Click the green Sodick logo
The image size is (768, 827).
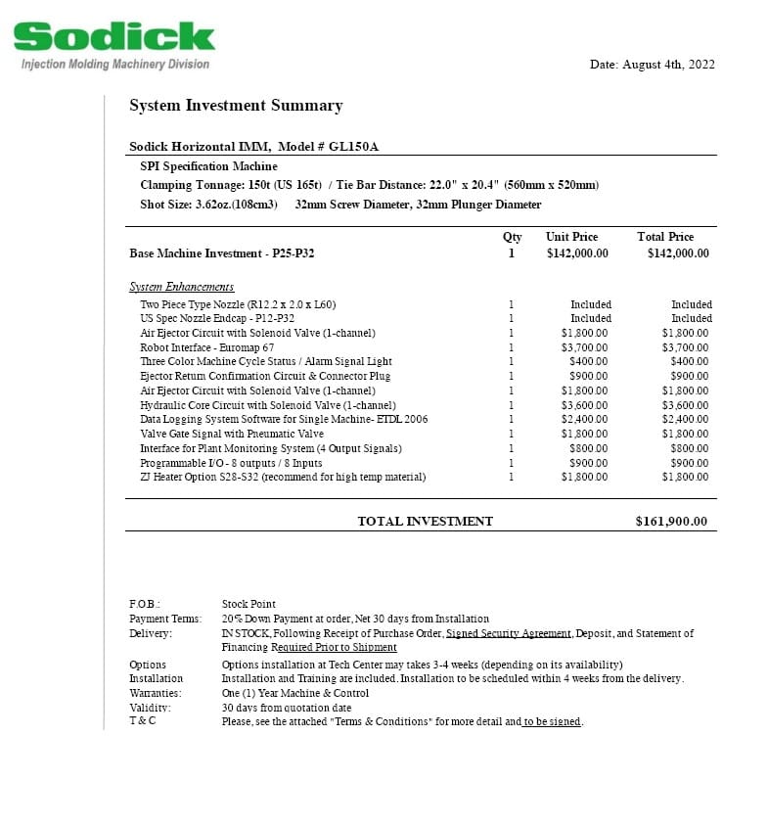tap(113, 37)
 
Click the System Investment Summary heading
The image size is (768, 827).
tap(236, 106)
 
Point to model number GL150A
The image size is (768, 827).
tap(353, 147)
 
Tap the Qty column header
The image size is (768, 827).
tap(512, 237)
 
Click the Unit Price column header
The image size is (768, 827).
tap(571, 237)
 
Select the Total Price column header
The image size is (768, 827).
tap(665, 237)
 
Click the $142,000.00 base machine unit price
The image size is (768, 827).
tap(577, 253)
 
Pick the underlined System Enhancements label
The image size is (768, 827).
tap(182, 287)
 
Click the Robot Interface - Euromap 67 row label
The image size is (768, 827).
tap(207, 347)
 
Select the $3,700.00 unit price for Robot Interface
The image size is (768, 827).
tap(584, 347)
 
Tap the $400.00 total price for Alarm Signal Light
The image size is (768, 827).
tap(689, 362)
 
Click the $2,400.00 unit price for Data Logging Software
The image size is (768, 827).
tap(584, 420)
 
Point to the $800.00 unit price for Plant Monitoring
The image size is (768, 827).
tap(588, 449)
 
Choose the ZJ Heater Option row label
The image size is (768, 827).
tap(283, 478)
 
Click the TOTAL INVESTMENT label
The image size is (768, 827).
tap(425, 522)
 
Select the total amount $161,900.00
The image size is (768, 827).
tap(671, 522)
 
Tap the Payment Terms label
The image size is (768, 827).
tap(165, 620)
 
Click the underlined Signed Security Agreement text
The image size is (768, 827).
tap(508, 634)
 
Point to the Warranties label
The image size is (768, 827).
tap(155, 693)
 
